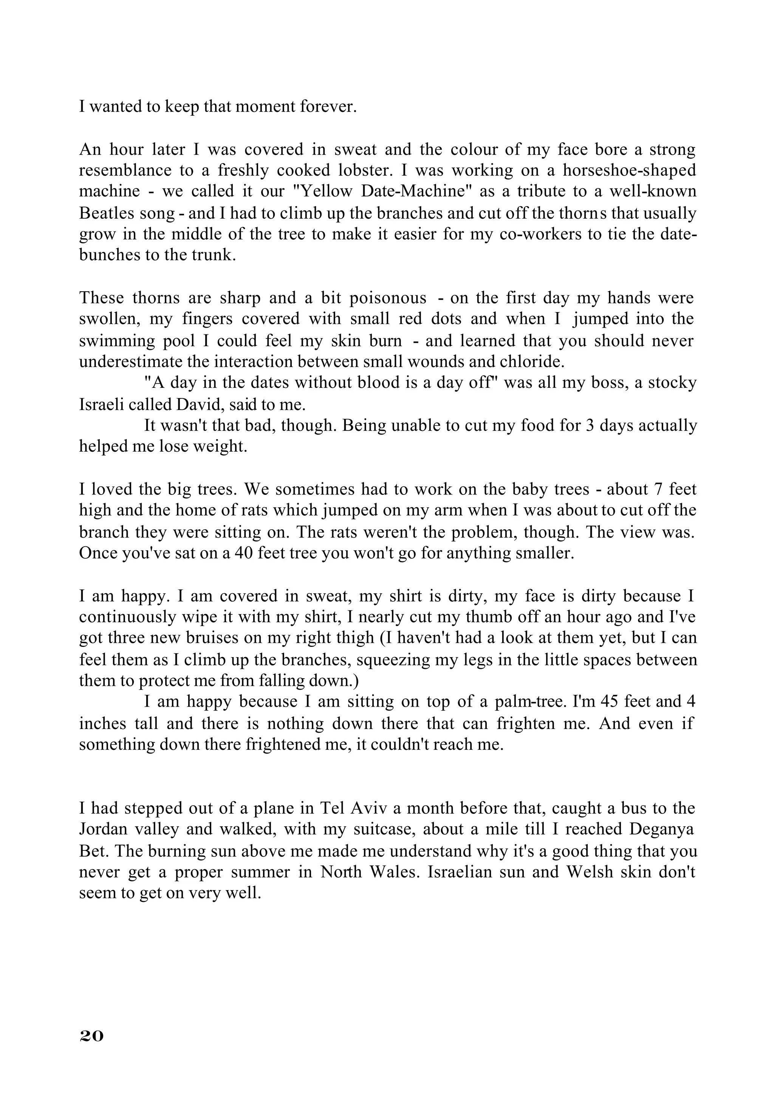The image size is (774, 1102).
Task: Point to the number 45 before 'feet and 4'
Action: (610, 702)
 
